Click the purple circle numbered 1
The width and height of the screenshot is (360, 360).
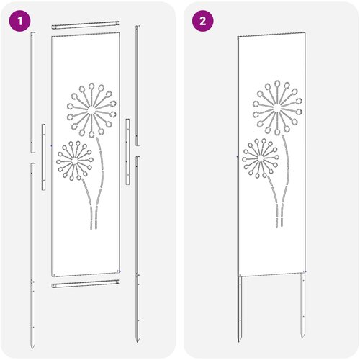[20, 21]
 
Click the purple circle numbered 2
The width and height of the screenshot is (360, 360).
[203, 21]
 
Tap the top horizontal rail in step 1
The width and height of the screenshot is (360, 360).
[85, 25]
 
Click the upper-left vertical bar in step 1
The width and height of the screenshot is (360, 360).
[33, 92]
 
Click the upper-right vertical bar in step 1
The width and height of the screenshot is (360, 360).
[138, 86]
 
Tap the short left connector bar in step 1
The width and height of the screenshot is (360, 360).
[43, 157]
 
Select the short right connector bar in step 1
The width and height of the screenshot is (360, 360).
[127, 152]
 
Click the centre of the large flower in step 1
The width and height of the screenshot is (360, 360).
[91, 111]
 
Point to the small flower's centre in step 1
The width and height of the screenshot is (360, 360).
[74, 161]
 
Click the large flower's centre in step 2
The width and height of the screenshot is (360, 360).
[277, 108]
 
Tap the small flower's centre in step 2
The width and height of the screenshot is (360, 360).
[260, 158]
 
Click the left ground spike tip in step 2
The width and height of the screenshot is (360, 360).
[239, 342]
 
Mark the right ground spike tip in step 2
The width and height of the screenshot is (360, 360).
[303, 338]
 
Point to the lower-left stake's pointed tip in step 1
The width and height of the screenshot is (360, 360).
[32, 348]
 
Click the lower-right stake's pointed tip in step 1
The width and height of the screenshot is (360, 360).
[138, 342]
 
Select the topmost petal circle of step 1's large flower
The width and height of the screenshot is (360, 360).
[91, 86]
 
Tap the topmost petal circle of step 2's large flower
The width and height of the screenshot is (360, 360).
[277, 84]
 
